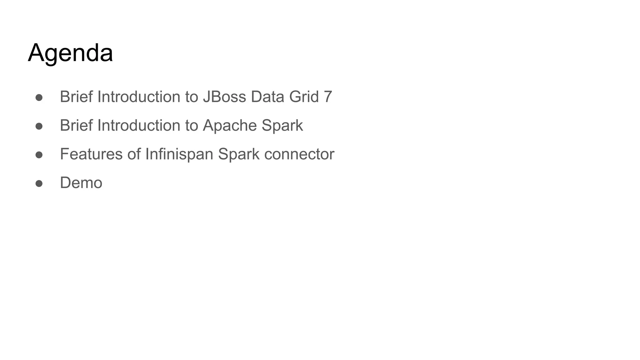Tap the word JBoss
click(224, 97)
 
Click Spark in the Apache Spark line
click(282, 126)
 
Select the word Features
click(91, 154)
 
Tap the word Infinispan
click(179, 154)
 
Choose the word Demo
click(81, 183)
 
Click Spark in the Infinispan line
click(238, 154)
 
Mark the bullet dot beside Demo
click(39, 183)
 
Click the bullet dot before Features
click(39, 155)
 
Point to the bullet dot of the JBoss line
click(39, 97)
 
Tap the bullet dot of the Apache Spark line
click(39, 126)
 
